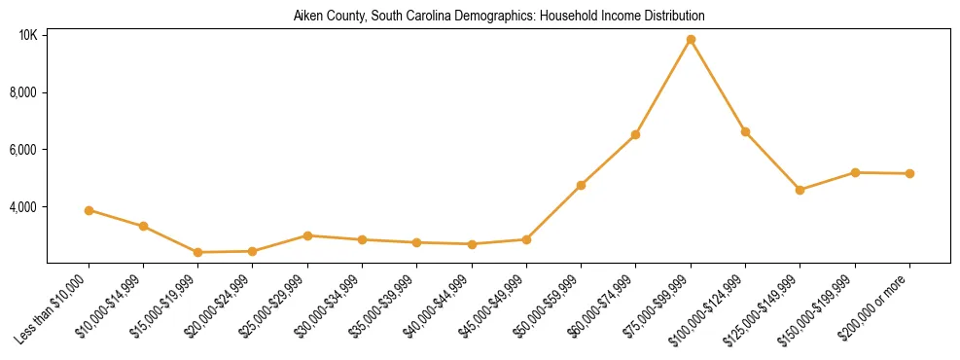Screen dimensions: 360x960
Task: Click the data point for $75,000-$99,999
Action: [x=691, y=40]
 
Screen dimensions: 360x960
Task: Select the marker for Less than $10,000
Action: [x=89, y=210]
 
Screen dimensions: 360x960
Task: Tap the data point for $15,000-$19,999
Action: [x=198, y=252]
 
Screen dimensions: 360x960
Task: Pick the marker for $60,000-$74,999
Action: [x=635, y=134]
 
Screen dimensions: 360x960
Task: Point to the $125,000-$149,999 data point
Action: [x=800, y=190]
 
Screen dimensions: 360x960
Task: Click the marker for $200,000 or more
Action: [x=909, y=173]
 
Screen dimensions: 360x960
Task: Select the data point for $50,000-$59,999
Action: [x=581, y=185]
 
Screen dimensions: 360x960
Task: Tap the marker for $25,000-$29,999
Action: [x=307, y=235]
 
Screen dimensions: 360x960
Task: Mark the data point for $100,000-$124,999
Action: [x=745, y=131]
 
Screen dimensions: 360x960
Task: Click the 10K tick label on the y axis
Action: [x=27, y=35]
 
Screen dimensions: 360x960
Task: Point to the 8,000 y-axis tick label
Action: [x=23, y=92]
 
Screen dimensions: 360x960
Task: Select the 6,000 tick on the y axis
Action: [x=23, y=150]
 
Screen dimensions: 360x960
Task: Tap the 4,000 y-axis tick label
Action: [x=23, y=207]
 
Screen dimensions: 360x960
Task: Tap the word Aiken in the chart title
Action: [x=307, y=17]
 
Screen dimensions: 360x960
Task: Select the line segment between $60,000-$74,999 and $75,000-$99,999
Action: [x=662, y=88]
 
